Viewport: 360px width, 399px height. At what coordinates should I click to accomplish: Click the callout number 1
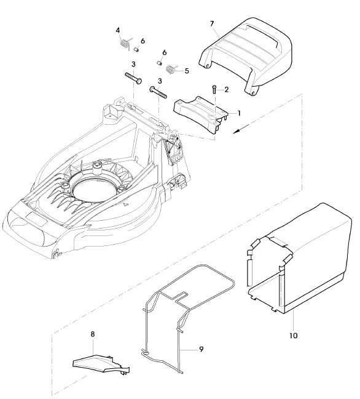click(239, 113)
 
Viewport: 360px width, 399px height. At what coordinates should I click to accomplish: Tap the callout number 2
click(226, 90)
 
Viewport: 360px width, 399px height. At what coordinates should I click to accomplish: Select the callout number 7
click(212, 23)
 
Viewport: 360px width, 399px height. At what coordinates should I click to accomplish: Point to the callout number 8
click(93, 334)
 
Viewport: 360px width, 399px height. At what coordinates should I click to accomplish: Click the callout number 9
click(201, 349)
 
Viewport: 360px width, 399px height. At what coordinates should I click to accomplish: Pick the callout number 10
click(294, 336)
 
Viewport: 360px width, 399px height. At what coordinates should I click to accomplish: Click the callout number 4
click(118, 30)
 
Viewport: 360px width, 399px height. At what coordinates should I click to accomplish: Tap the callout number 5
click(187, 71)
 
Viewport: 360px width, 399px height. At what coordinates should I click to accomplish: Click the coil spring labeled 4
click(125, 44)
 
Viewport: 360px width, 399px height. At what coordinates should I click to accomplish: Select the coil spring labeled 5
click(171, 69)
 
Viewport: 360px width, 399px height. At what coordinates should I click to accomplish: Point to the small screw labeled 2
click(214, 90)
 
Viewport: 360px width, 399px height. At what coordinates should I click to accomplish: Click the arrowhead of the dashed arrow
click(236, 131)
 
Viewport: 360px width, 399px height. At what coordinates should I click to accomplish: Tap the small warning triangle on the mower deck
click(125, 204)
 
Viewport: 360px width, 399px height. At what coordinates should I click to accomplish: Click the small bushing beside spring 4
click(136, 49)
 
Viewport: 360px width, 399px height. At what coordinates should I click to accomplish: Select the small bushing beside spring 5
click(159, 62)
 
